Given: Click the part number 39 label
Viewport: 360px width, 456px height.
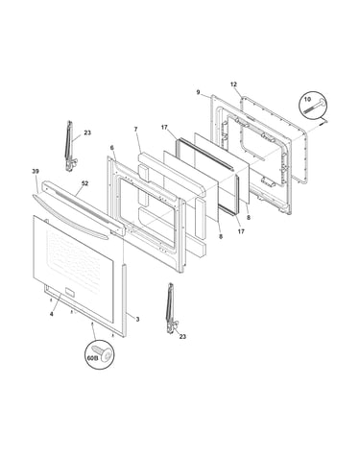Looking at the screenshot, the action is click(36, 172).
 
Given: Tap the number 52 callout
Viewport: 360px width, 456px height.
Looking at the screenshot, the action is click(84, 183).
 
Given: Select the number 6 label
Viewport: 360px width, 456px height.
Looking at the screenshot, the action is click(111, 148).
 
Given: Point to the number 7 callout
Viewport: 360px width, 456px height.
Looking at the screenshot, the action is click(135, 130).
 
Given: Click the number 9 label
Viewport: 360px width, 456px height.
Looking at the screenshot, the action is click(198, 92).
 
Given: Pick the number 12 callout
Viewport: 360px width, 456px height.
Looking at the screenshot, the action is click(233, 84).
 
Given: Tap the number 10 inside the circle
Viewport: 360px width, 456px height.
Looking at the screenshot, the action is click(307, 99).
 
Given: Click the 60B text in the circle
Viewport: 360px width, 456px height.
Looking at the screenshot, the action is click(92, 359).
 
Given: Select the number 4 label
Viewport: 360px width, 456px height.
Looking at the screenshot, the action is click(52, 314).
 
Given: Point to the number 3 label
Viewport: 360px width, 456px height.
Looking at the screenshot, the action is click(137, 319).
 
